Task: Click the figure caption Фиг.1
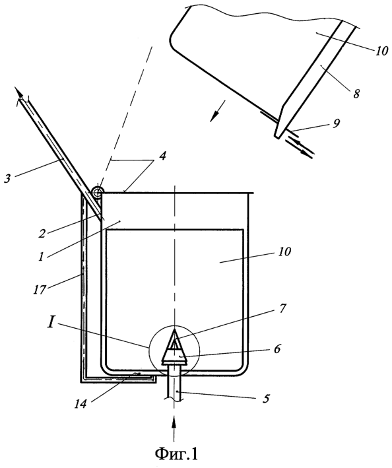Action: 176,453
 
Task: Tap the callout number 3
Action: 8,179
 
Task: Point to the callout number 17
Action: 40,290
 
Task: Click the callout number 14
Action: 81,403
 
